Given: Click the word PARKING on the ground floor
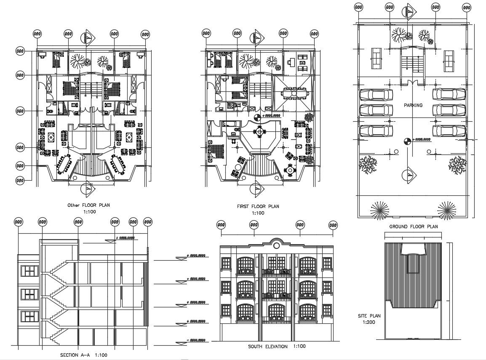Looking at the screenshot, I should (x=412, y=105).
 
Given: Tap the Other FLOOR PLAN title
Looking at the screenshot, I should (x=88, y=205).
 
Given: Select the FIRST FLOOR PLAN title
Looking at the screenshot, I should (x=258, y=207).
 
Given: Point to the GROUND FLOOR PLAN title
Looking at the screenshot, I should (x=413, y=227).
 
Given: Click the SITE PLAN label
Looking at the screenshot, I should (x=369, y=315).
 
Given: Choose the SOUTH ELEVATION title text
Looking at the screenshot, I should (x=268, y=347).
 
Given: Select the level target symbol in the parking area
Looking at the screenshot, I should (x=407, y=141).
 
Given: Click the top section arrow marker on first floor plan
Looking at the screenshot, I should (x=258, y=37).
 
